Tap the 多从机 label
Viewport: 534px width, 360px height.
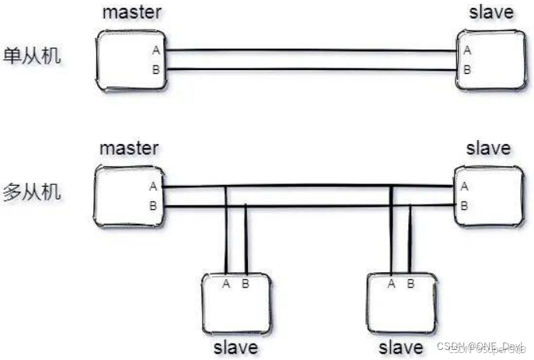pos(33,190)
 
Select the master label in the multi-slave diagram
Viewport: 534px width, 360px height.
pos(130,147)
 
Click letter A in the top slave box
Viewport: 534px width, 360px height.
pos(466,51)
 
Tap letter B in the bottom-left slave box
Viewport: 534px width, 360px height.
pos(246,283)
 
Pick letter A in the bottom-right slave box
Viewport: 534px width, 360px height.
pos(390,283)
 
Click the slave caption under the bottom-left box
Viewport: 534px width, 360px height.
pos(235,346)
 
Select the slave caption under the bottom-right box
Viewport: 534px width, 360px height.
pos(401,346)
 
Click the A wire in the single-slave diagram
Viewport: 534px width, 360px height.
pos(311,51)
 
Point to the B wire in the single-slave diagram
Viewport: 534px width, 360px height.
pos(311,71)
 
